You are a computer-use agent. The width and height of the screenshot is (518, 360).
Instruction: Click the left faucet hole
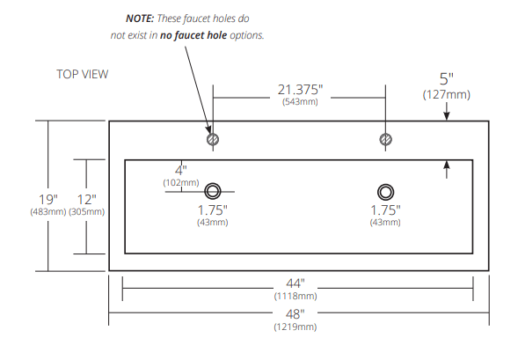tap(212, 139)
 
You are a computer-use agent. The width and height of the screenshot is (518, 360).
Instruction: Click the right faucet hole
tap(385, 139)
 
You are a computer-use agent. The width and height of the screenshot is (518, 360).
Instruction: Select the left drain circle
tap(213, 192)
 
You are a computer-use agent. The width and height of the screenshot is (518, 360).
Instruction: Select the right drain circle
tap(385, 192)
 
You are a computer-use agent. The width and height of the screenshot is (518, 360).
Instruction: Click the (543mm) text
tap(300, 102)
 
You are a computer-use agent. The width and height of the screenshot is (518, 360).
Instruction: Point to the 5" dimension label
tap(448, 79)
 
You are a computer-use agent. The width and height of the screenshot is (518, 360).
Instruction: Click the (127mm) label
tap(447, 94)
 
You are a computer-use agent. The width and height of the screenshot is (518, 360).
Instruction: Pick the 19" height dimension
tap(48, 199)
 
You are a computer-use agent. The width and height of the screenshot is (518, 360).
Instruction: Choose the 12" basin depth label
tap(86, 199)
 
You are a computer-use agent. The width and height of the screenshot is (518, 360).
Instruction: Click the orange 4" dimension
tap(180, 169)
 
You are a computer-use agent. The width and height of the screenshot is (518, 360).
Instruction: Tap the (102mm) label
tap(180, 182)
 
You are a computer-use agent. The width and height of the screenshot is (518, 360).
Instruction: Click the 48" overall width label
tap(295, 313)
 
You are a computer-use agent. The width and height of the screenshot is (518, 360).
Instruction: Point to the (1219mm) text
tap(295, 327)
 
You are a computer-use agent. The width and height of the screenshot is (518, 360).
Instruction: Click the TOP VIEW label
tap(83, 74)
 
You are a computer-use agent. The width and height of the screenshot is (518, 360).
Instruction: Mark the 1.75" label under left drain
tap(212, 210)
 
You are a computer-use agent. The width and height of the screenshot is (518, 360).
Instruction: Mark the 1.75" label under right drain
tap(385, 210)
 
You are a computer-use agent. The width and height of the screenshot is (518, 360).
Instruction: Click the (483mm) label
tap(48, 212)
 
